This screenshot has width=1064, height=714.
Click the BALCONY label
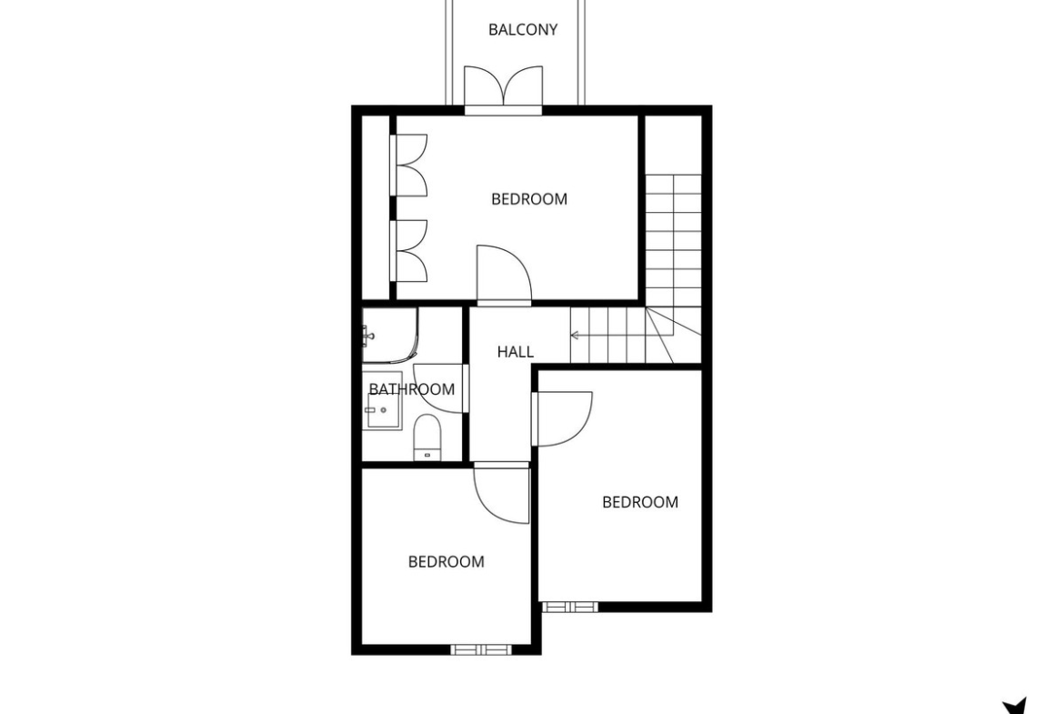click(x=523, y=29)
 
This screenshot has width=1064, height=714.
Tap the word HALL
click(x=515, y=352)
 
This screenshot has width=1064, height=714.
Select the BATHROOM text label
click(x=411, y=389)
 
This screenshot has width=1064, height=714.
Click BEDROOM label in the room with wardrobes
click(x=528, y=199)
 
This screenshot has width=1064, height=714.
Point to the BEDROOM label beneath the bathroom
click(x=446, y=561)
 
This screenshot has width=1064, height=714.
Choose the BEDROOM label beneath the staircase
click(x=640, y=501)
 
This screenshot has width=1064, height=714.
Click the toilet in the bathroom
click(x=427, y=437)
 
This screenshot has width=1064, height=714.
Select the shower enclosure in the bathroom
click(x=389, y=335)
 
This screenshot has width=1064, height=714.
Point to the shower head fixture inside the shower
click(x=367, y=336)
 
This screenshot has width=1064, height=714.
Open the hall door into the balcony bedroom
click(x=504, y=274)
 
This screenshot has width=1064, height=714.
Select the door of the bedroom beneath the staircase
click(x=562, y=418)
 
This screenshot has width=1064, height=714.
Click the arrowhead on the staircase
click(x=574, y=336)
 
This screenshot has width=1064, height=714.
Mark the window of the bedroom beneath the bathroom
click(x=480, y=649)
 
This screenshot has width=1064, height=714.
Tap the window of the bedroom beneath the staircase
click(x=570, y=607)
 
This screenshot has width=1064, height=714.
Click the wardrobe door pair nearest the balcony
click(x=408, y=166)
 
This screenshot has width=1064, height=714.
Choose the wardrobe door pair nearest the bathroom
click(x=408, y=251)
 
